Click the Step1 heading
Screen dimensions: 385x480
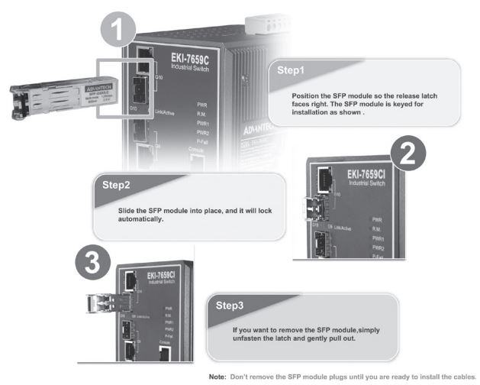coord(290,70)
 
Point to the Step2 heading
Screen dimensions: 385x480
coord(117,185)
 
